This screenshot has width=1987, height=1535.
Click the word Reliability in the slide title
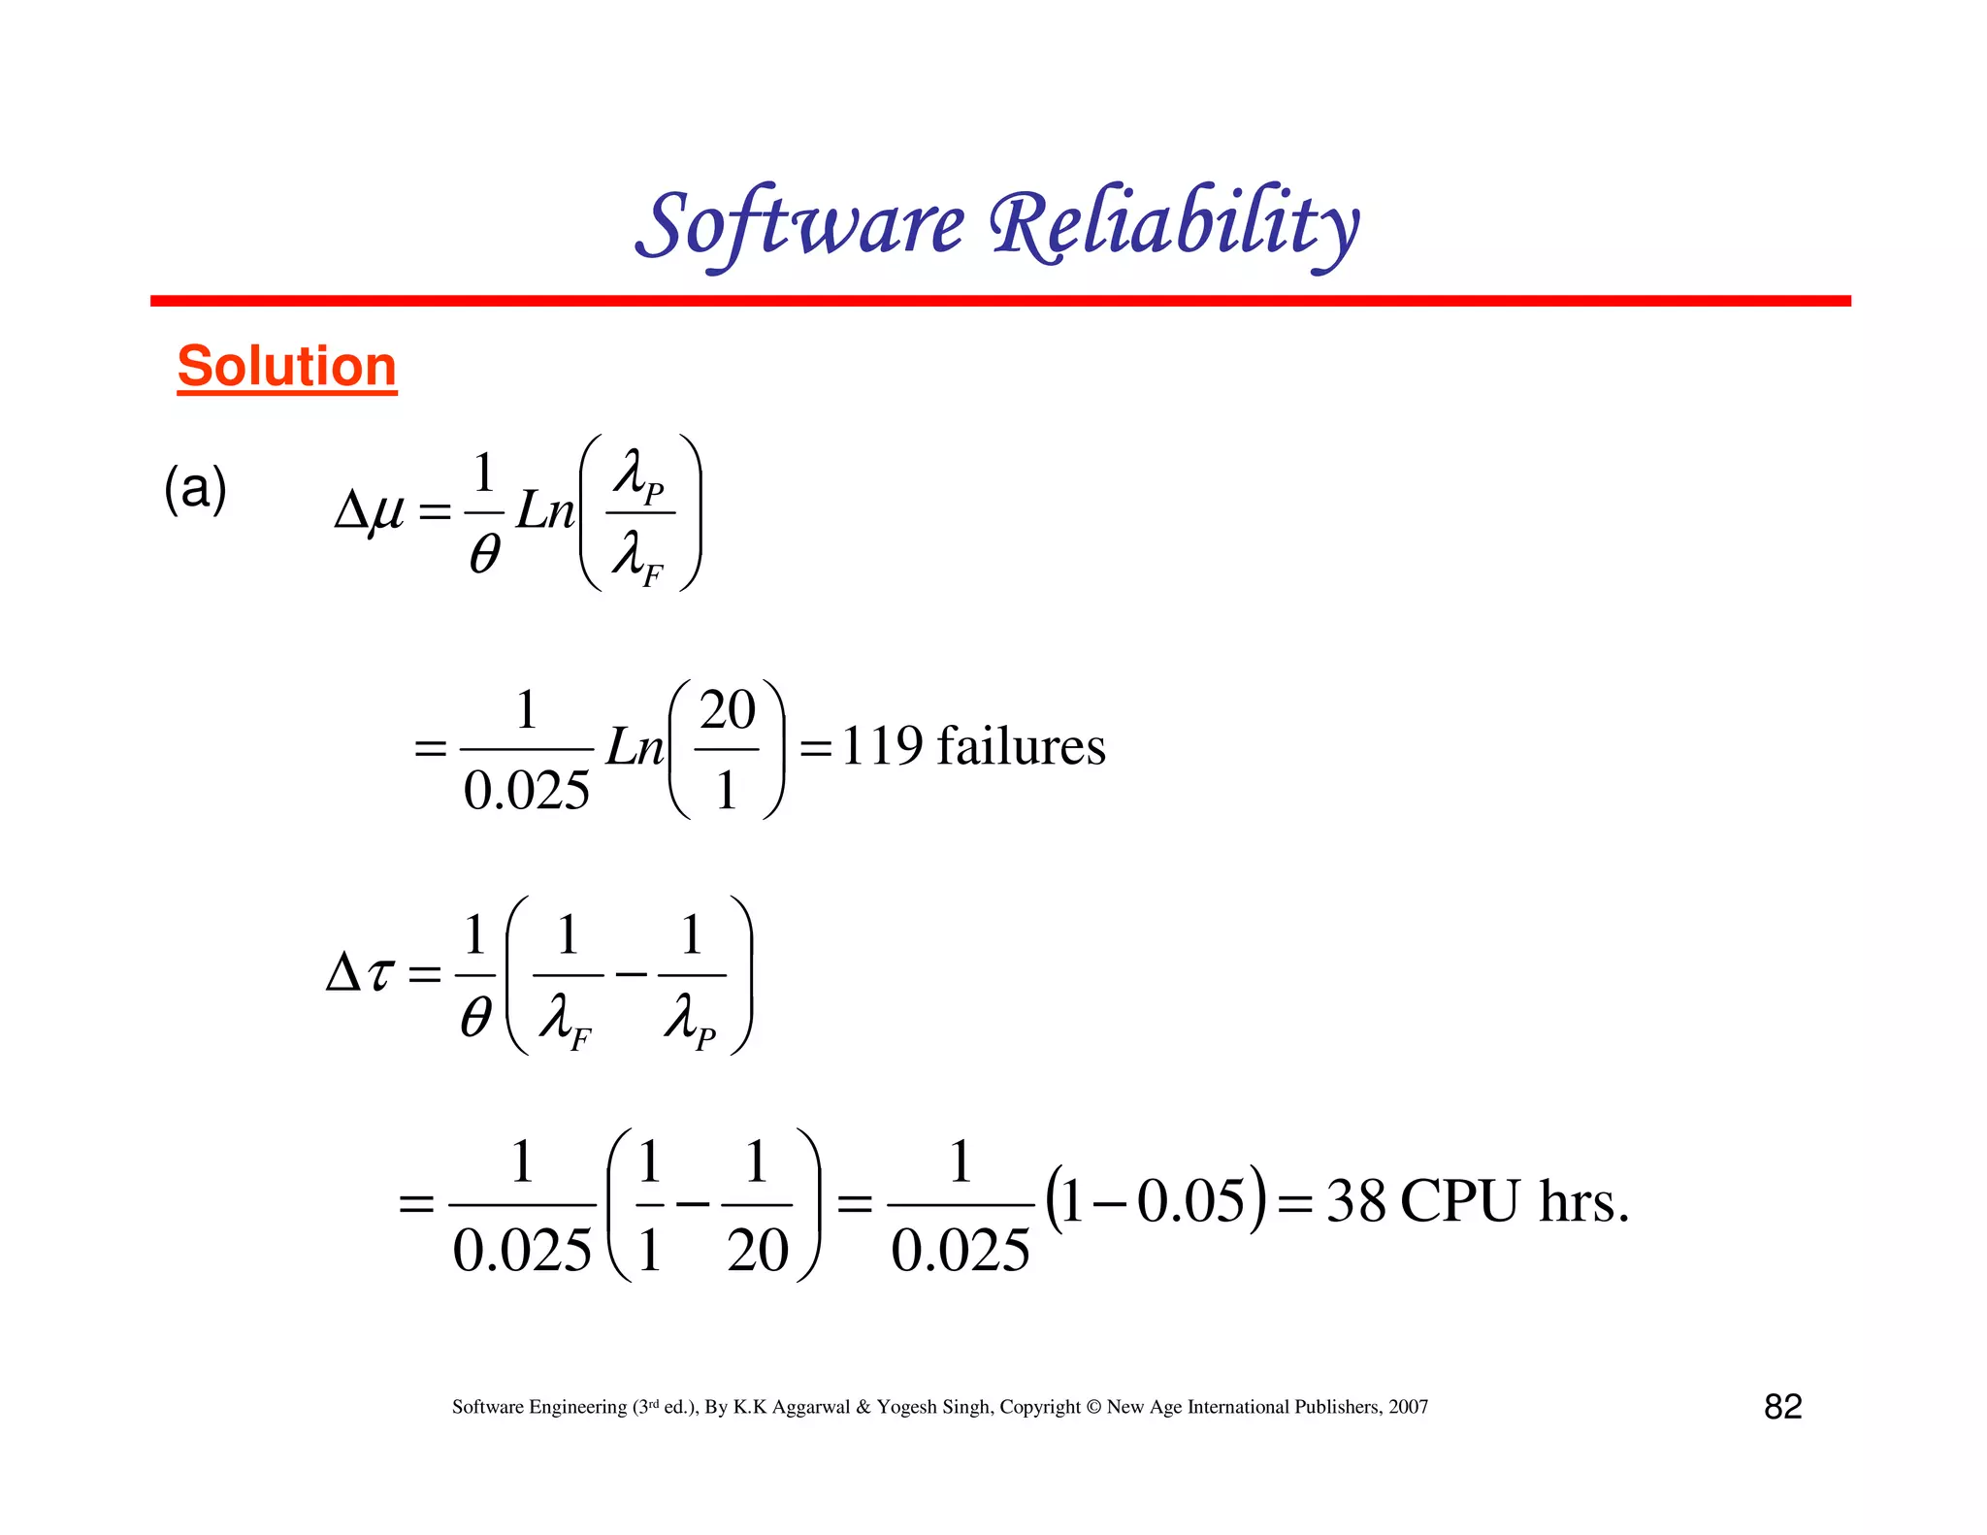(1175, 225)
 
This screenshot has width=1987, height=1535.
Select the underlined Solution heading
(287, 367)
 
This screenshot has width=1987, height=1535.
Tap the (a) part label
(195, 487)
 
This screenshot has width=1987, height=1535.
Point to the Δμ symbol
(369, 509)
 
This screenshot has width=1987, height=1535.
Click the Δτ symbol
(360, 971)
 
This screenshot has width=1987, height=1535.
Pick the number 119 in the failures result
(881, 746)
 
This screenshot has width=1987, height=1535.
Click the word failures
(1021, 746)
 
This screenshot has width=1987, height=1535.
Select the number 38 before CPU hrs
(1355, 1201)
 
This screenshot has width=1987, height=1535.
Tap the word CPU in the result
(1459, 1201)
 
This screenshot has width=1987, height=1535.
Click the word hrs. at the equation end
(1583, 1201)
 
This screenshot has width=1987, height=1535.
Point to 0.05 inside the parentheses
(1190, 1201)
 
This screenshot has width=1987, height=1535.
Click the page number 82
(1782, 1406)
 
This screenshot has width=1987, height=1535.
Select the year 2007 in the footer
(1408, 1407)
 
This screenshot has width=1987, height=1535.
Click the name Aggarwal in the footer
(811, 1407)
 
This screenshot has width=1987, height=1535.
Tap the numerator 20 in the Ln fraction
(727, 710)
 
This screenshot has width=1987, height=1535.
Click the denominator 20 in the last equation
(758, 1250)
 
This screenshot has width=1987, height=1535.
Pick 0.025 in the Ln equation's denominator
(526, 790)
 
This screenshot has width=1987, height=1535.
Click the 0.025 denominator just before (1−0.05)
(961, 1250)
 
